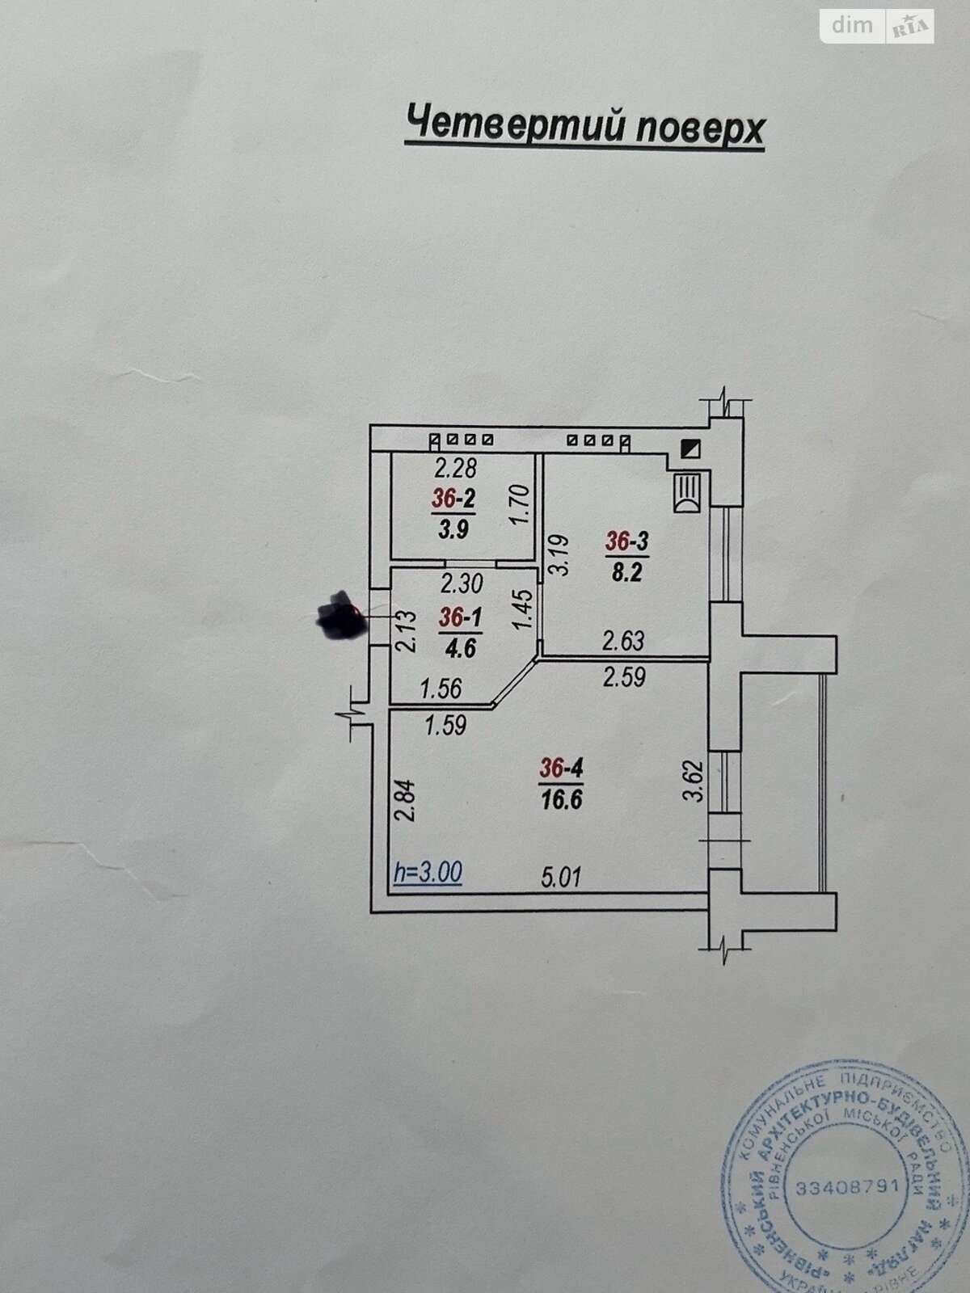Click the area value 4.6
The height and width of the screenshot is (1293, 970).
[460, 647]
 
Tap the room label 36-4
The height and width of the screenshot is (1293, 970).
[561, 769]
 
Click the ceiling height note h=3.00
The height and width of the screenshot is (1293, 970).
[427, 872]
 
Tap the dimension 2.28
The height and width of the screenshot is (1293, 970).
[455, 467]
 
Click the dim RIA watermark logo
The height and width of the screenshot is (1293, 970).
[878, 27]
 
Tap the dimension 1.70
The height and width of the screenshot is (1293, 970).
[521, 505]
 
